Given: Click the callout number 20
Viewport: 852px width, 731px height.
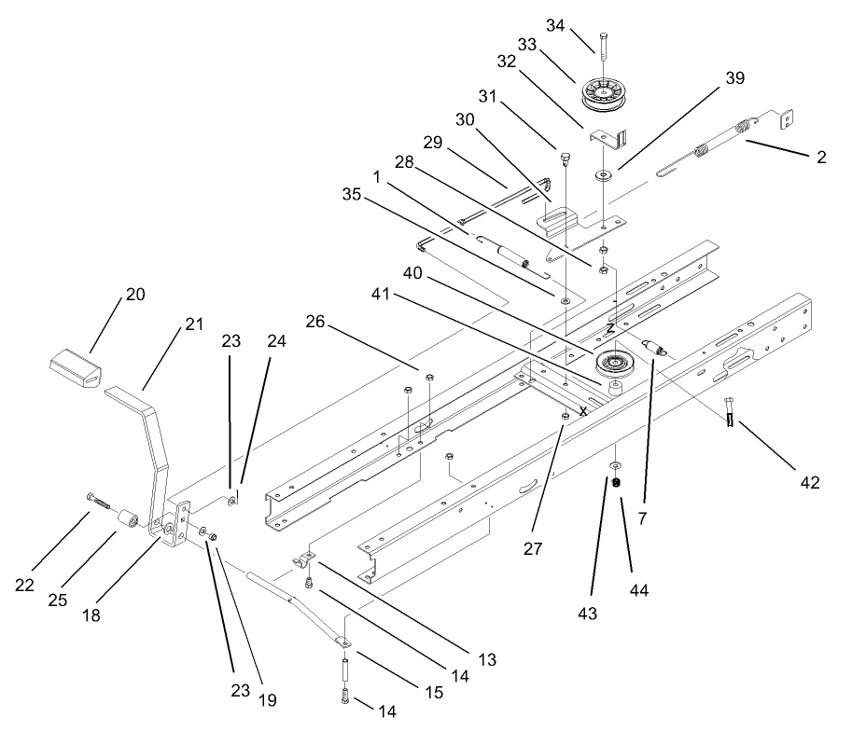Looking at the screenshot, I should (x=136, y=295).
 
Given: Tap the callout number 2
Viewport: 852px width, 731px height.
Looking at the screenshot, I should (x=821, y=157).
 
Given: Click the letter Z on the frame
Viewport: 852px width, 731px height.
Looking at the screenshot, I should (x=609, y=328).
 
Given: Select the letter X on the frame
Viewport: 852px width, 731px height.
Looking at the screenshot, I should (x=584, y=409).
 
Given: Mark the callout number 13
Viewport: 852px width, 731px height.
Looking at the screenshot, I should (x=486, y=658).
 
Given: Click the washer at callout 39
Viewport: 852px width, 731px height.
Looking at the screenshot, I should (x=605, y=173).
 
